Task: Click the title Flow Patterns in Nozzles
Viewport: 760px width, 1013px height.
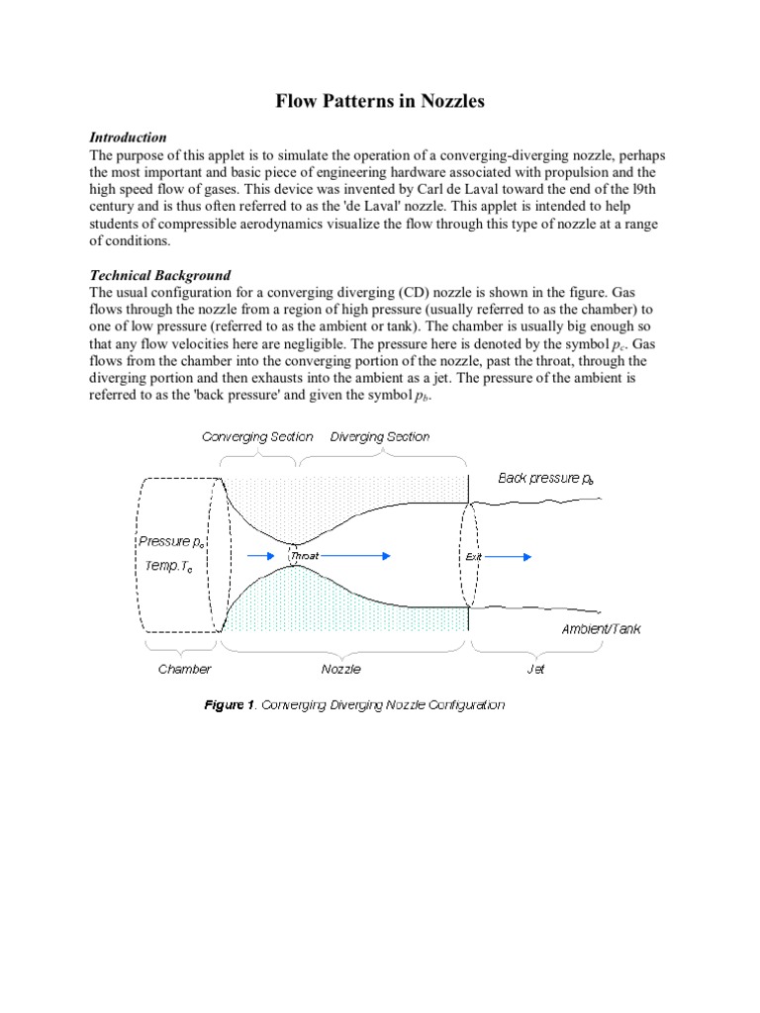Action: (x=379, y=101)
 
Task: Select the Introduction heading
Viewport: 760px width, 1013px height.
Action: (x=128, y=138)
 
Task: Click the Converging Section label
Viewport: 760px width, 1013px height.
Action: (x=257, y=436)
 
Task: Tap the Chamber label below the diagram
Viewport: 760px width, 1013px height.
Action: (x=185, y=669)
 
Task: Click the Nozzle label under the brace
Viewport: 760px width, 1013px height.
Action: (x=341, y=669)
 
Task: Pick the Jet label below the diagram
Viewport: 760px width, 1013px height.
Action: (x=533, y=669)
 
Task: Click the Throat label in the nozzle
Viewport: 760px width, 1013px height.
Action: (x=304, y=557)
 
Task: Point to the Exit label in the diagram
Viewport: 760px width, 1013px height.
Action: (x=473, y=557)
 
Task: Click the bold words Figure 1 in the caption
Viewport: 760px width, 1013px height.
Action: (x=230, y=705)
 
